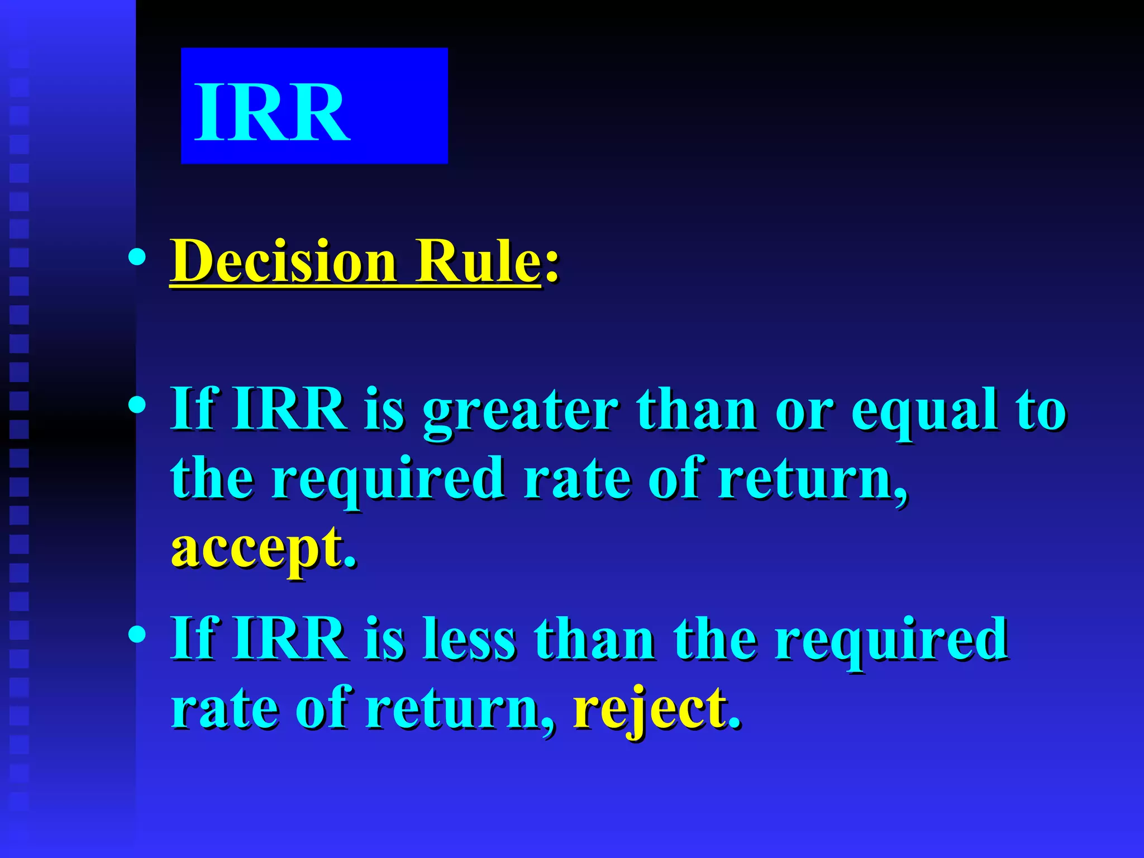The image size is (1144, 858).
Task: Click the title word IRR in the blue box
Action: [272, 112]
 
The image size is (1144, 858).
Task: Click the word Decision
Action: [283, 261]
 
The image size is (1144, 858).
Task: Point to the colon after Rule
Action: [551, 266]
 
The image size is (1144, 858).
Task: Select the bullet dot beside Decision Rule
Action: [137, 258]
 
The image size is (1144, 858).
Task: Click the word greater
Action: [520, 411]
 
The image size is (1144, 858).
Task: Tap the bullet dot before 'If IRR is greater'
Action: [137, 404]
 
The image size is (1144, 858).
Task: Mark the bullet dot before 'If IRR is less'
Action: [137, 633]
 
